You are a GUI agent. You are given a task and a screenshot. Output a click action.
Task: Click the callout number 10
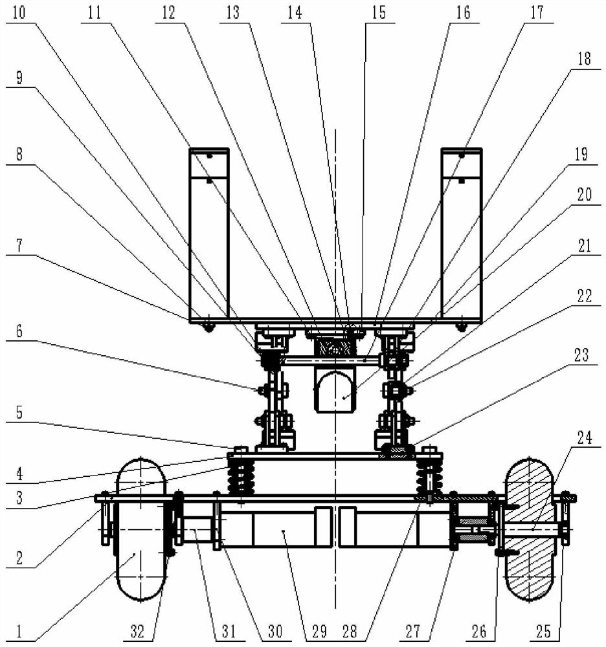19,12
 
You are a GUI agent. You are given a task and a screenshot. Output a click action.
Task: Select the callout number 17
537,12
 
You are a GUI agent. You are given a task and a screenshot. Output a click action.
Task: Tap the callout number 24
584,437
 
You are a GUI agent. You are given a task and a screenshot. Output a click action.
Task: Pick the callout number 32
137,631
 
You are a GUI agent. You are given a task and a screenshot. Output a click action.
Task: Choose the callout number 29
319,631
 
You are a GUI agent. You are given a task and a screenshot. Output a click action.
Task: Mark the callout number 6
19,331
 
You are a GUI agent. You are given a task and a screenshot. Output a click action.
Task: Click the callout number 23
581,355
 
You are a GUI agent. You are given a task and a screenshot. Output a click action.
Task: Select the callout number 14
295,12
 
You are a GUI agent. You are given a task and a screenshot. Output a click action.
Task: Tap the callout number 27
412,631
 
